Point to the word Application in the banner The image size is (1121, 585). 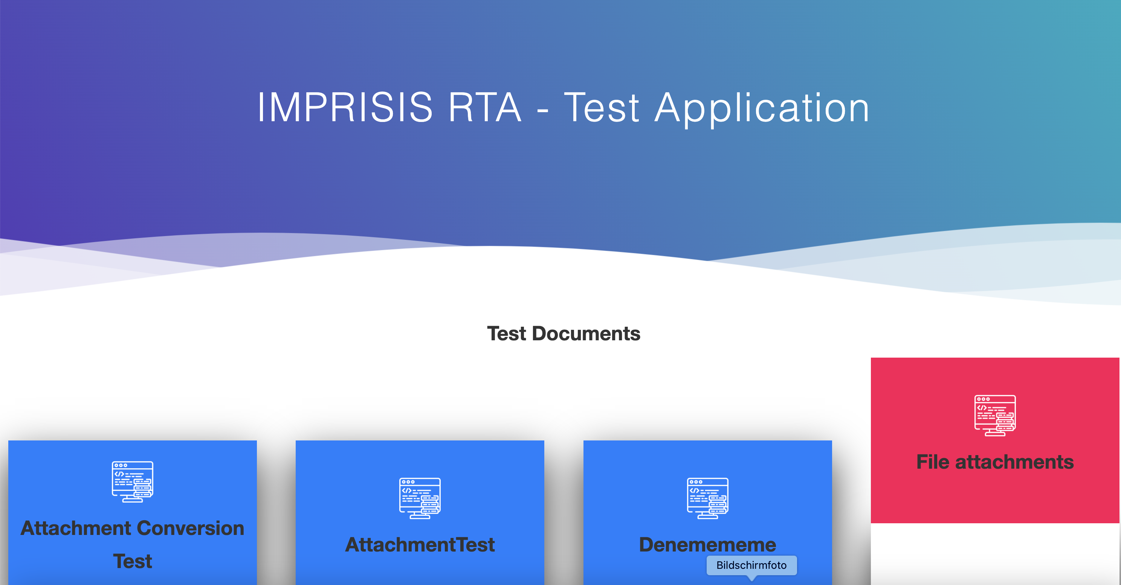(x=762, y=109)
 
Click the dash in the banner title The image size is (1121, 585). (x=543, y=111)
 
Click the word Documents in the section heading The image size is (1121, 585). (x=586, y=334)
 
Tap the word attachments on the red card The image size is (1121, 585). (x=1014, y=462)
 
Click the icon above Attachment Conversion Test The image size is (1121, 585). (x=132, y=482)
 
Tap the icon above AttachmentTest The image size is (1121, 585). (x=420, y=498)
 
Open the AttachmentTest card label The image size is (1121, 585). (x=420, y=545)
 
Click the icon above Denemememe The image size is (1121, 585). (x=707, y=498)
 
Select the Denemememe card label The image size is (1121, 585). (x=707, y=545)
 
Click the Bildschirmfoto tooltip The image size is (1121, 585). (x=751, y=565)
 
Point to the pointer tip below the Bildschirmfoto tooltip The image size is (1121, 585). (x=751, y=580)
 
